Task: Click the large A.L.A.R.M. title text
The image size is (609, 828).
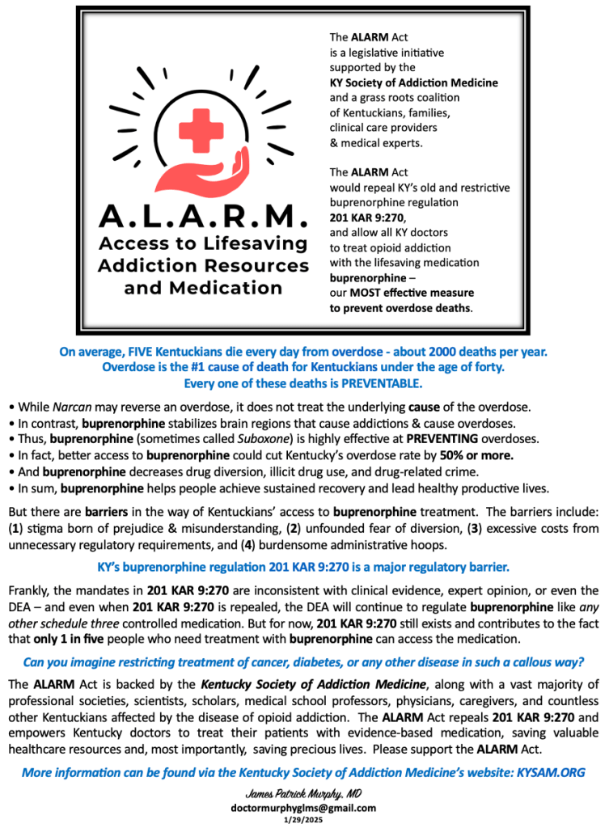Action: pos(203,217)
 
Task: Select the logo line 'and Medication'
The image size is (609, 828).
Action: pos(203,287)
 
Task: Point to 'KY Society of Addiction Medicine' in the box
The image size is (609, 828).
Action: pos(413,82)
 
